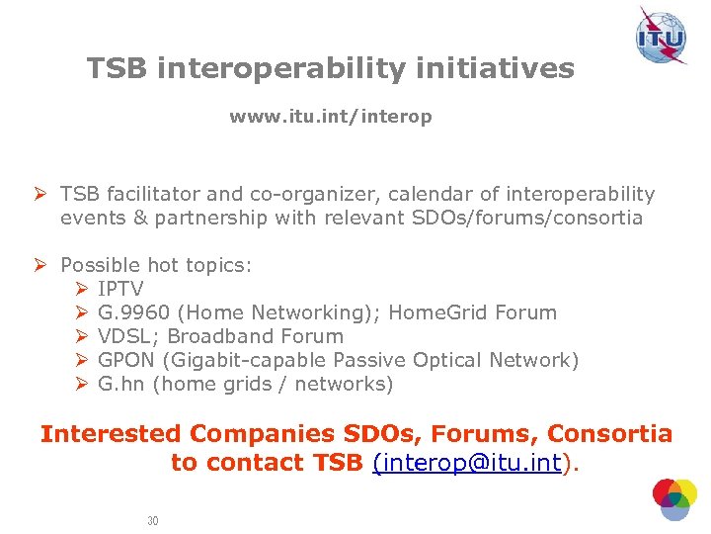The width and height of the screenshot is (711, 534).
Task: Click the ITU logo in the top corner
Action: tap(661, 37)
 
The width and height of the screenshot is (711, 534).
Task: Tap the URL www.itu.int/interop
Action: tap(330, 117)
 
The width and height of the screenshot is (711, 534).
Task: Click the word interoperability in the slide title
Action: tap(274, 68)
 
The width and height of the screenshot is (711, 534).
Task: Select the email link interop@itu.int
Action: tap(467, 462)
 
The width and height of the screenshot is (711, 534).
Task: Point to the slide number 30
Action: tap(152, 520)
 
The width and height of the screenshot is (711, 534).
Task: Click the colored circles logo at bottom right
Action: tap(674, 499)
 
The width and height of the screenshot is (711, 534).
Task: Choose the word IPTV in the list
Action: tap(120, 289)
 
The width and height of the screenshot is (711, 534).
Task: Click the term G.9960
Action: tap(134, 312)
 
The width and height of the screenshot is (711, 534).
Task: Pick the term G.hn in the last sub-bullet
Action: tap(120, 384)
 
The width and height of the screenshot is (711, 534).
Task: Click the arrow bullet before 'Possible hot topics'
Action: tap(43, 265)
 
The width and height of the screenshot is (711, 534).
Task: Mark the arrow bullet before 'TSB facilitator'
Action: tap(43, 194)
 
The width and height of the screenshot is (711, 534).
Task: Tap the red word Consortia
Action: tap(609, 433)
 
